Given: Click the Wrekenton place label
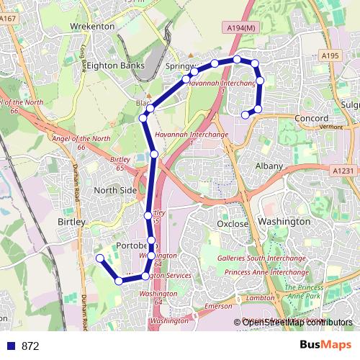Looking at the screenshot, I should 91,26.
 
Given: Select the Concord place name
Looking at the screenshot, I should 312,118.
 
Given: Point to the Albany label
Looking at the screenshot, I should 269,166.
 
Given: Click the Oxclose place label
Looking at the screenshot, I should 233,224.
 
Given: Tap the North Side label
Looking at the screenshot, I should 115,190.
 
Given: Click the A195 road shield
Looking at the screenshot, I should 330,55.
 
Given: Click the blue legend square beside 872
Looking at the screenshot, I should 10,346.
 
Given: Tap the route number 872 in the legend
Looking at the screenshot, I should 30,346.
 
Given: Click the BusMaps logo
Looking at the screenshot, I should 325,345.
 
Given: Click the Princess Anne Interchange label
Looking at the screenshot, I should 266,272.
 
